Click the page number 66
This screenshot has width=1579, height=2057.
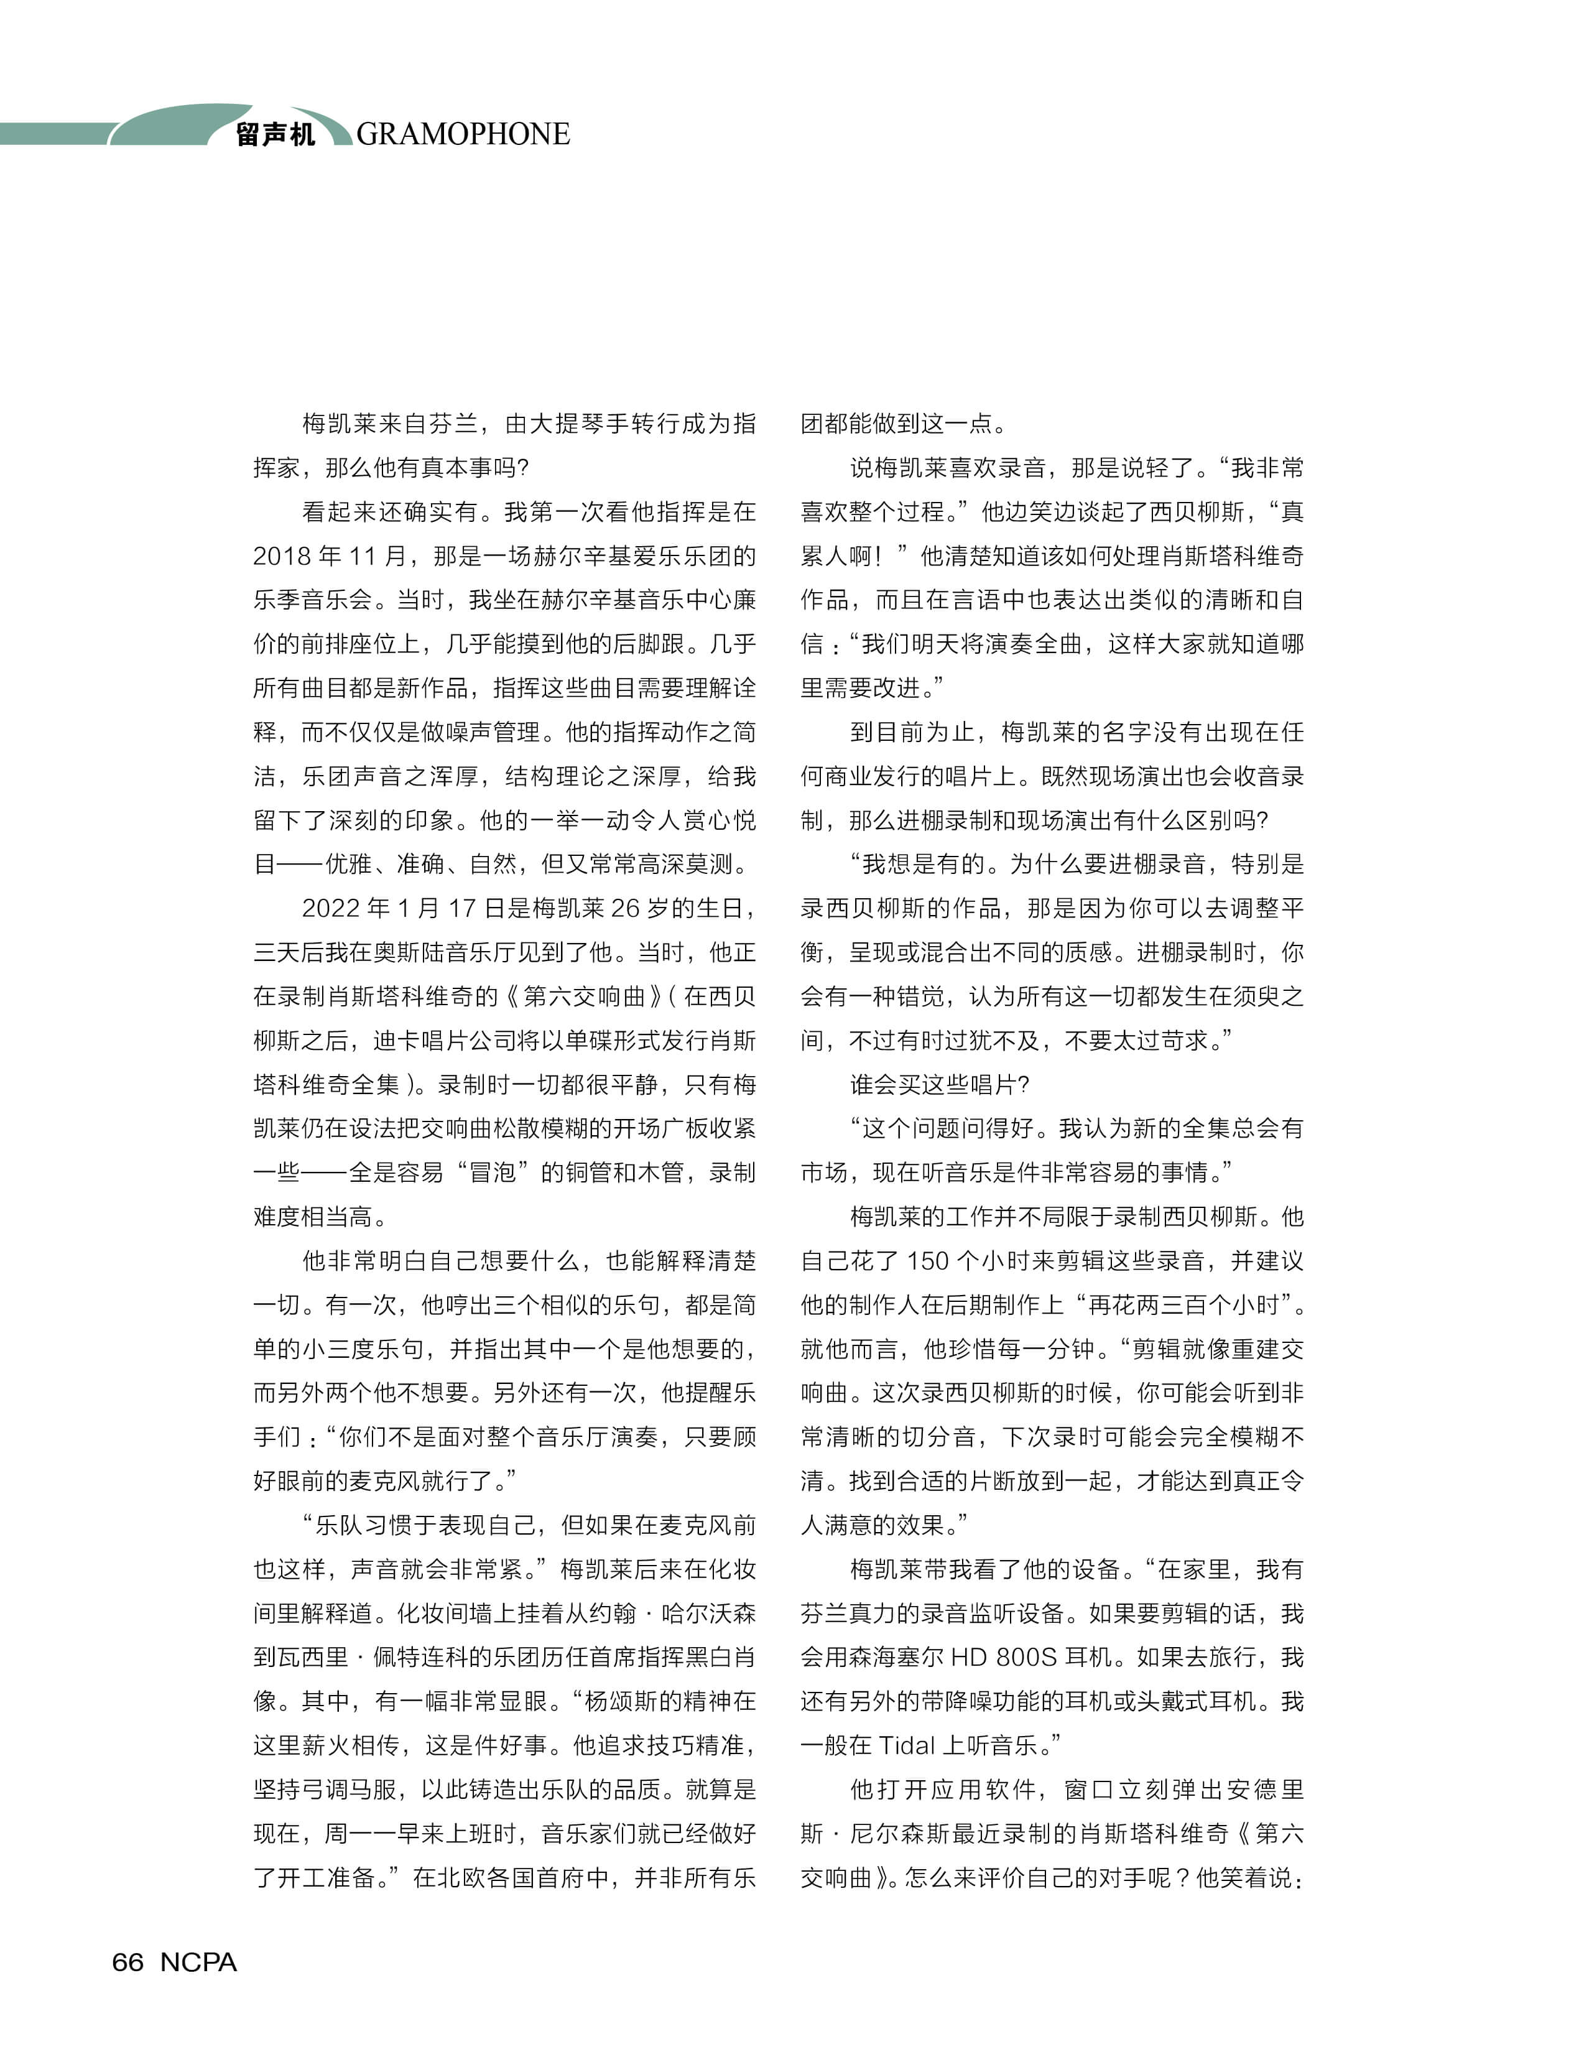click(x=128, y=1962)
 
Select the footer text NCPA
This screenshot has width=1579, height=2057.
click(x=198, y=1962)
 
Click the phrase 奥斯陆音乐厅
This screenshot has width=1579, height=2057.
click(x=447, y=952)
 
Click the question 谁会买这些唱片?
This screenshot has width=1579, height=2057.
click(x=940, y=1085)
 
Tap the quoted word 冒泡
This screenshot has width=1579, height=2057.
click(x=493, y=1172)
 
